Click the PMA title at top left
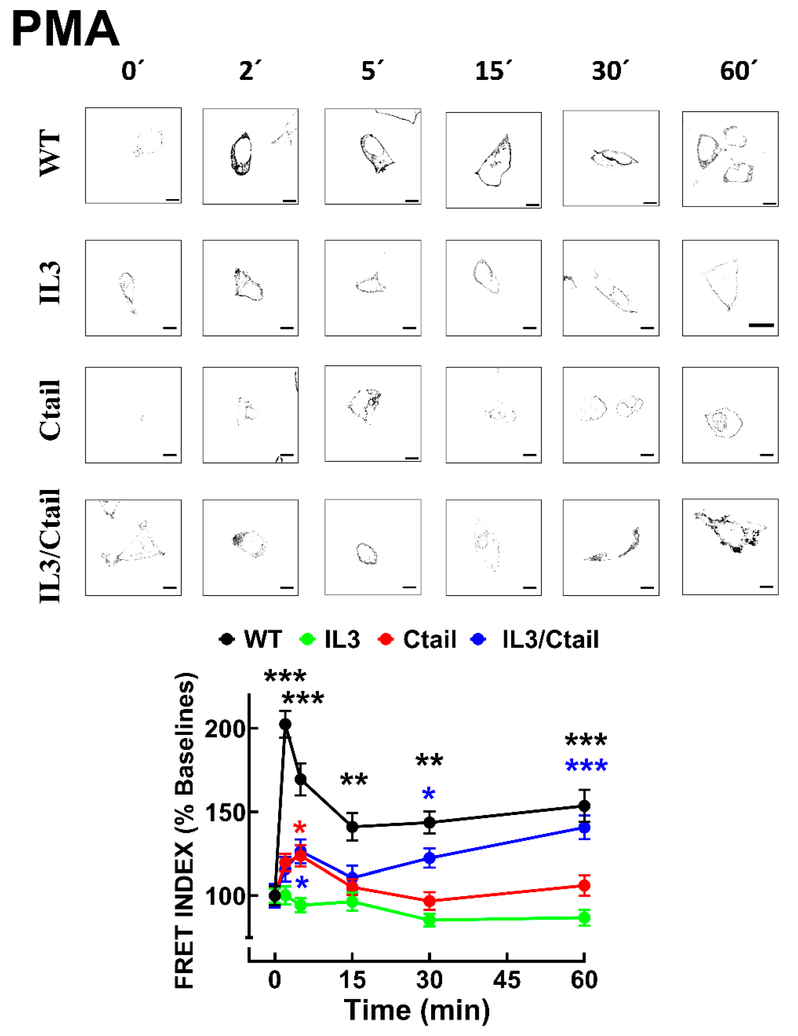tap(65, 29)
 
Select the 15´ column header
tap(493, 71)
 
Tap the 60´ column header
tap(738, 71)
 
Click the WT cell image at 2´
tap(250, 156)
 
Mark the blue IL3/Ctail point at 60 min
tap(584, 828)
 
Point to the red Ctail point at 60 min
tap(584, 885)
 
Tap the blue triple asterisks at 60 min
tap(586, 766)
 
